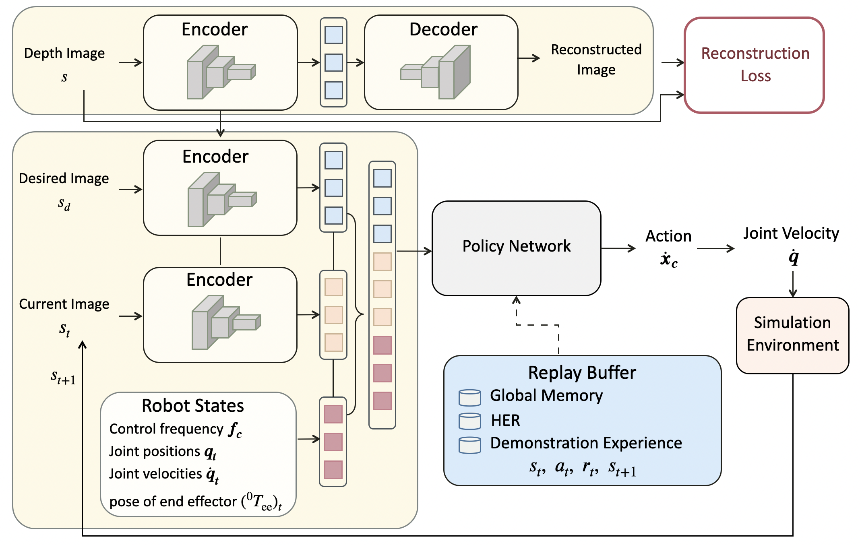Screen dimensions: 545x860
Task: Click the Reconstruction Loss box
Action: point(754,65)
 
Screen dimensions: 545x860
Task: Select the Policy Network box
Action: point(516,248)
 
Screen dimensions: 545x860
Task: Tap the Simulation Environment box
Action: point(792,335)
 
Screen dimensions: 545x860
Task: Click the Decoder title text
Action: point(443,29)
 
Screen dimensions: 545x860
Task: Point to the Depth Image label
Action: point(64,53)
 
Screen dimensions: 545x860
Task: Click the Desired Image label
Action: point(64,178)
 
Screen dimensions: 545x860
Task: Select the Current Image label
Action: point(64,304)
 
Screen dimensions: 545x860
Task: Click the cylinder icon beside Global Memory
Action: point(469,397)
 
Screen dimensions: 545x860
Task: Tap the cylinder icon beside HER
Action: point(469,421)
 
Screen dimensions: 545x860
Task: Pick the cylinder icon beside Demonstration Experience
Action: point(469,445)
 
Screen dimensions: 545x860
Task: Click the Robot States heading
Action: point(193,406)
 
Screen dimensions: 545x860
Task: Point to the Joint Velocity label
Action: point(791,233)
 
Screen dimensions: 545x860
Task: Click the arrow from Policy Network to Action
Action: point(618,249)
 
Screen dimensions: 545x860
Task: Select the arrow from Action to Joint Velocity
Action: point(715,249)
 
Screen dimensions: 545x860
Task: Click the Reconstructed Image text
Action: point(596,60)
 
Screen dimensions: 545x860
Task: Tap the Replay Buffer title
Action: point(582,373)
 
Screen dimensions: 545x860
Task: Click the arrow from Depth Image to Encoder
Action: point(131,62)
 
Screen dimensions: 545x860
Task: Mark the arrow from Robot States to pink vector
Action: point(308,439)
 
